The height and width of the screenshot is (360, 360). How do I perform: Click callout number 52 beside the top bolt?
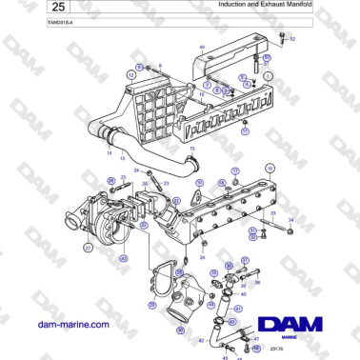tap(293, 39)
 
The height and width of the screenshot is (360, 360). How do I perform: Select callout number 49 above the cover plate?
tap(202, 47)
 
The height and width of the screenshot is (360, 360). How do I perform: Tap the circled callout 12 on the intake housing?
tap(130, 73)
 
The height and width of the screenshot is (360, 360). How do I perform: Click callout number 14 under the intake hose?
tap(109, 153)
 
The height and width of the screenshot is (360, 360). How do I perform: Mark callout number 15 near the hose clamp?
tap(192, 149)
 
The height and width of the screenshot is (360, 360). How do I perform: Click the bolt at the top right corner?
tap(283, 37)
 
